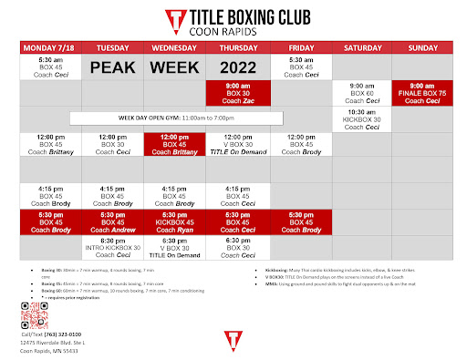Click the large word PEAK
click(112, 67)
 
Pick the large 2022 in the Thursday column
click(238, 67)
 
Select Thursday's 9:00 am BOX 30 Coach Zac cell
click(238, 93)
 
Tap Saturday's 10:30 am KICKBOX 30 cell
click(363, 118)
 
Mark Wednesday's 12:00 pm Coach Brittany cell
click(175, 144)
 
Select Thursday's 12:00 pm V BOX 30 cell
click(238, 144)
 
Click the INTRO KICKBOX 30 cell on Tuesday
click(112, 248)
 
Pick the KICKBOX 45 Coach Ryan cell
click(175, 223)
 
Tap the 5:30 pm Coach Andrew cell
click(112, 223)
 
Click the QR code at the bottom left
click(34, 316)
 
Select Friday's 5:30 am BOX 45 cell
click(300, 67)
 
